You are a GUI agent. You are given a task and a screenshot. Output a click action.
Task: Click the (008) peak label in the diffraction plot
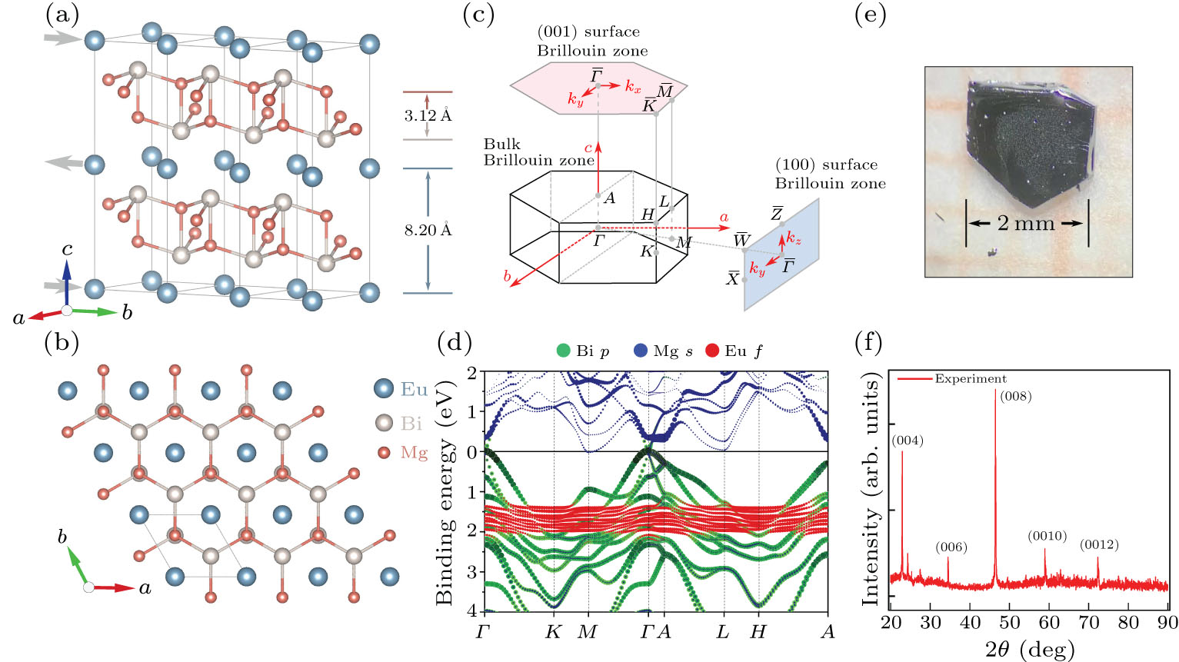click(x=1016, y=397)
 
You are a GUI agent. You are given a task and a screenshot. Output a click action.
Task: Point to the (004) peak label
click(x=908, y=441)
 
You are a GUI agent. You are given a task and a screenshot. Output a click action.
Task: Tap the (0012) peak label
click(x=1099, y=545)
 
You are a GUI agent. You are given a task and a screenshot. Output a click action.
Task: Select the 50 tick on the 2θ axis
click(x=1010, y=622)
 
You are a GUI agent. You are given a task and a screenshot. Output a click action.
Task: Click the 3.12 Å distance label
click(x=428, y=116)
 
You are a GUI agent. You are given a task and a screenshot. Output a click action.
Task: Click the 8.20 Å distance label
click(x=428, y=230)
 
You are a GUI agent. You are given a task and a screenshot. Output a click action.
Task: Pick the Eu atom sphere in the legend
click(x=383, y=388)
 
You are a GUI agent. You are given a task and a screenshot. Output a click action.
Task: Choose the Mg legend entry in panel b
click(x=413, y=452)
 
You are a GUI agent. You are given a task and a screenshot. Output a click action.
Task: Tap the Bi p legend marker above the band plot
click(x=564, y=351)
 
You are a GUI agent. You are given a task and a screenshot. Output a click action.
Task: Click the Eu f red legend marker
click(x=712, y=351)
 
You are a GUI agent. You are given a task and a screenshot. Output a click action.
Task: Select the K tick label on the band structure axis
click(x=554, y=632)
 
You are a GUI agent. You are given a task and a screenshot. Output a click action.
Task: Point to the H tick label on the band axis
click(x=758, y=632)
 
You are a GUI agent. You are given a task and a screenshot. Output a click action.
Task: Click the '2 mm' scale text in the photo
click(x=1026, y=223)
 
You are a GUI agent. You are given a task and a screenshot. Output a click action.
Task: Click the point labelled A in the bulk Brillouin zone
click(x=598, y=195)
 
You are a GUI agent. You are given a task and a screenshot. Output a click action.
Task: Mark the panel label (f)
click(x=869, y=341)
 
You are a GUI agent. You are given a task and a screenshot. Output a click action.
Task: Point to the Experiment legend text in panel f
click(x=970, y=379)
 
